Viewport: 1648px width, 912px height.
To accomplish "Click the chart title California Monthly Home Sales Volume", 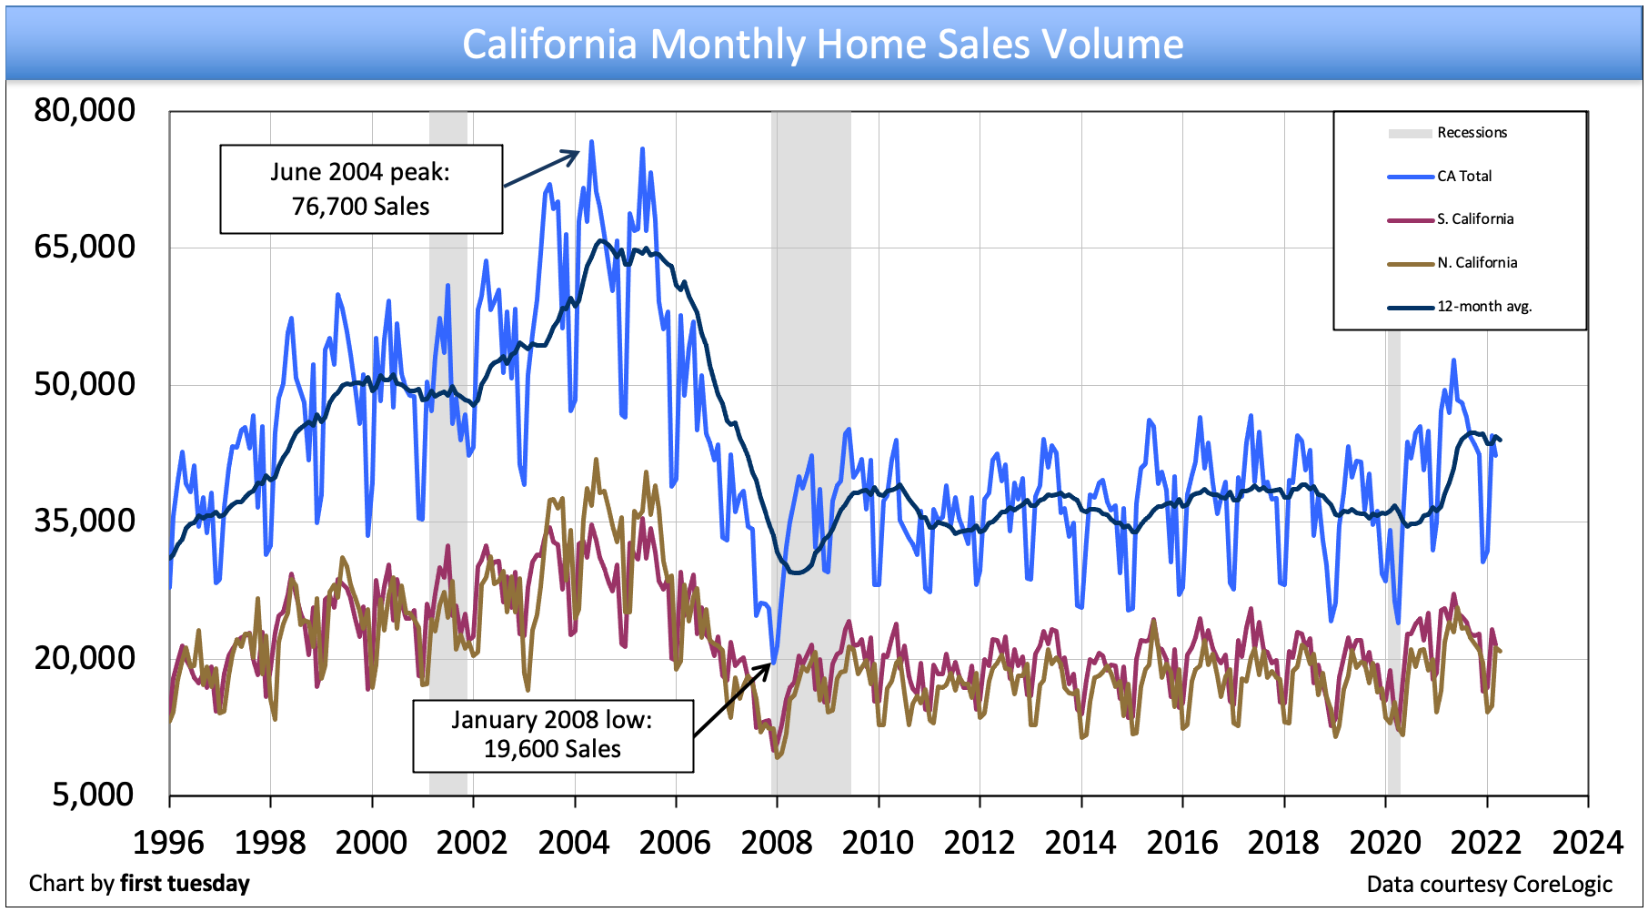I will pyautogui.click(x=823, y=44).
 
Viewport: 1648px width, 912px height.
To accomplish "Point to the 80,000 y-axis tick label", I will pyautogui.click(x=85, y=110).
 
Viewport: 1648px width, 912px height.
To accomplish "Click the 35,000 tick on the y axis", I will pyautogui.click(x=85, y=521).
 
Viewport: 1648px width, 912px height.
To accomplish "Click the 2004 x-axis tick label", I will pyautogui.click(x=574, y=842).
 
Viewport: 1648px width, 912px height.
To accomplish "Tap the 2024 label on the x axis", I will pyautogui.click(x=1587, y=842).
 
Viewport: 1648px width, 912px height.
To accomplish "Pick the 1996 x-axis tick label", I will pyautogui.click(x=169, y=842).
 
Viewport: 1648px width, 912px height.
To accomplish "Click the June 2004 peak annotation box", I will pyautogui.click(x=361, y=189).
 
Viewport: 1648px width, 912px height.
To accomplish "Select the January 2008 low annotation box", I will pyautogui.click(x=553, y=735).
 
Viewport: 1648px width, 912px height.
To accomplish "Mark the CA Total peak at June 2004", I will pyautogui.click(x=591, y=142).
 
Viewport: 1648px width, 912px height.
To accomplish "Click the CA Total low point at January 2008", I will pyautogui.click(x=774, y=662).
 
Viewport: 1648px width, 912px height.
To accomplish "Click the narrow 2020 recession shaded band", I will pyautogui.click(x=1392, y=455).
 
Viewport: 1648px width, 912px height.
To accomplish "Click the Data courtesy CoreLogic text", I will pyautogui.click(x=1489, y=885).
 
